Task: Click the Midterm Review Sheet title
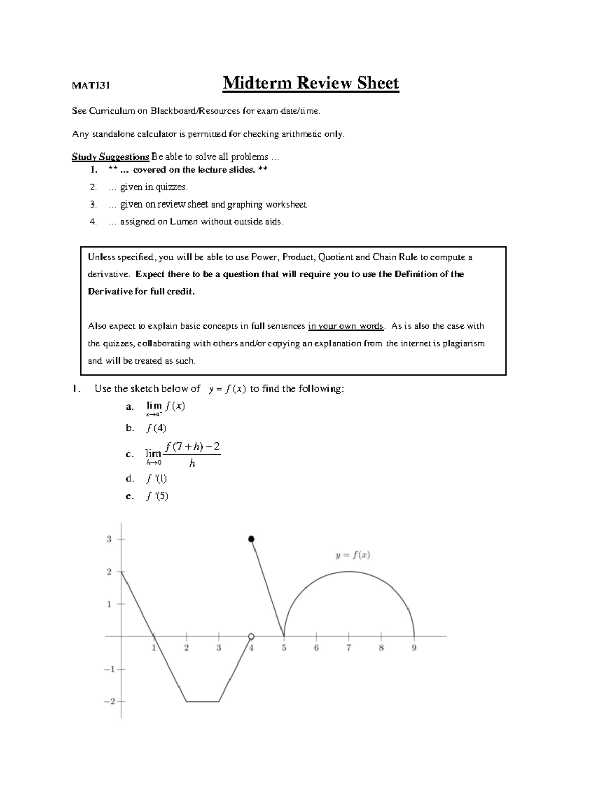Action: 311,83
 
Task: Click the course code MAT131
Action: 91,85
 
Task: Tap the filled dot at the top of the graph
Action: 251,539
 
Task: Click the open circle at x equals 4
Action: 251,636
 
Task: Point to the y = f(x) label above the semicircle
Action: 352,555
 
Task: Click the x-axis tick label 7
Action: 349,648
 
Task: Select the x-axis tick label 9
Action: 414,648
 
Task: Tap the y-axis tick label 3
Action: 109,539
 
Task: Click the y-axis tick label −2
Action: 109,702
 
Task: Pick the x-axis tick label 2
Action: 186,648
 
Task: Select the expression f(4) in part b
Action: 156,428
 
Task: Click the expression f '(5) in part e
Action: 157,496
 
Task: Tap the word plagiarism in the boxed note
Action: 463,343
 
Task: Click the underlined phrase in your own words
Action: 345,326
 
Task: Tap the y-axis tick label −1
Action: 109,669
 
